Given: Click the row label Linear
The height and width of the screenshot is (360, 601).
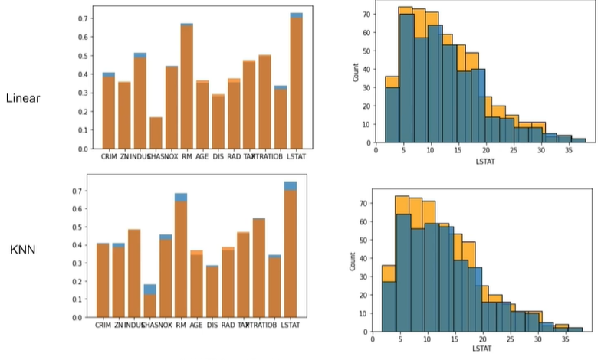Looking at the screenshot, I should [x=22, y=98].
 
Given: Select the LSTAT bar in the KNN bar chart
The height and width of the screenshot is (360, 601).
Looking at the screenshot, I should [x=291, y=253].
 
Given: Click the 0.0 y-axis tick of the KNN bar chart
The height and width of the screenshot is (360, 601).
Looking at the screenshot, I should [x=77, y=317].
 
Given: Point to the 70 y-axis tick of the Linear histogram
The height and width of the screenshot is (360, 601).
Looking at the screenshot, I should [x=367, y=15].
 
